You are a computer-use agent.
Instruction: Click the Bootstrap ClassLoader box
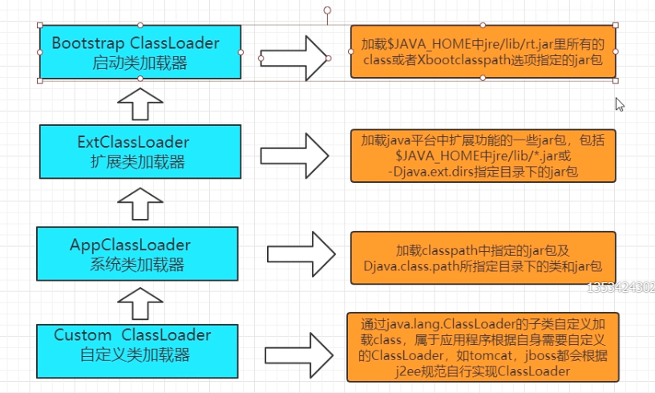(x=140, y=52)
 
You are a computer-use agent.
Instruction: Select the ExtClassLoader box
(x=140, y=152)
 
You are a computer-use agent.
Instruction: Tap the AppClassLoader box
(x=137, y=253)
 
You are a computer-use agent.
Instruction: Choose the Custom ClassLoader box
(x=137, y=351)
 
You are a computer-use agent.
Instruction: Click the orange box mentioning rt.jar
(x=483, y=52)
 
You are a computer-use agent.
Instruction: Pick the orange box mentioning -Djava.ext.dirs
(x=483, y=156)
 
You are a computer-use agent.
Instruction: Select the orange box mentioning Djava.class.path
(x=483, y=258)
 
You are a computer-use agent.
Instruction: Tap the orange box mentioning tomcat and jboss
(x=483, y=347)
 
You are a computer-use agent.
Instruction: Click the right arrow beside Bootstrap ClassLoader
(x=294, y=58)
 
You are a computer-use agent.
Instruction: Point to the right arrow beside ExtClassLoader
(x=294, y=156)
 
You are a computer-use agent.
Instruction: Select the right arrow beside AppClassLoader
(x=301, y=254)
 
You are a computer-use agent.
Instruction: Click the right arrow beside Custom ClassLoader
(x=299, y=356)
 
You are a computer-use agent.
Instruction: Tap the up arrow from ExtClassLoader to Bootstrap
(x=140, y=104)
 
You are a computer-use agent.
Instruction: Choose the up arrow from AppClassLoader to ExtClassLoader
(x=140, y=204)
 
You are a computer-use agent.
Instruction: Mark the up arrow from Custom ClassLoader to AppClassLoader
(x=140, y=303)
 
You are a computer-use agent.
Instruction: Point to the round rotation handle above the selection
(x=327, y=10)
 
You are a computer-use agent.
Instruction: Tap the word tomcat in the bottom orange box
(x=491, y=356)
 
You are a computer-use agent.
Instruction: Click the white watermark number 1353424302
(x=621, y=288)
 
